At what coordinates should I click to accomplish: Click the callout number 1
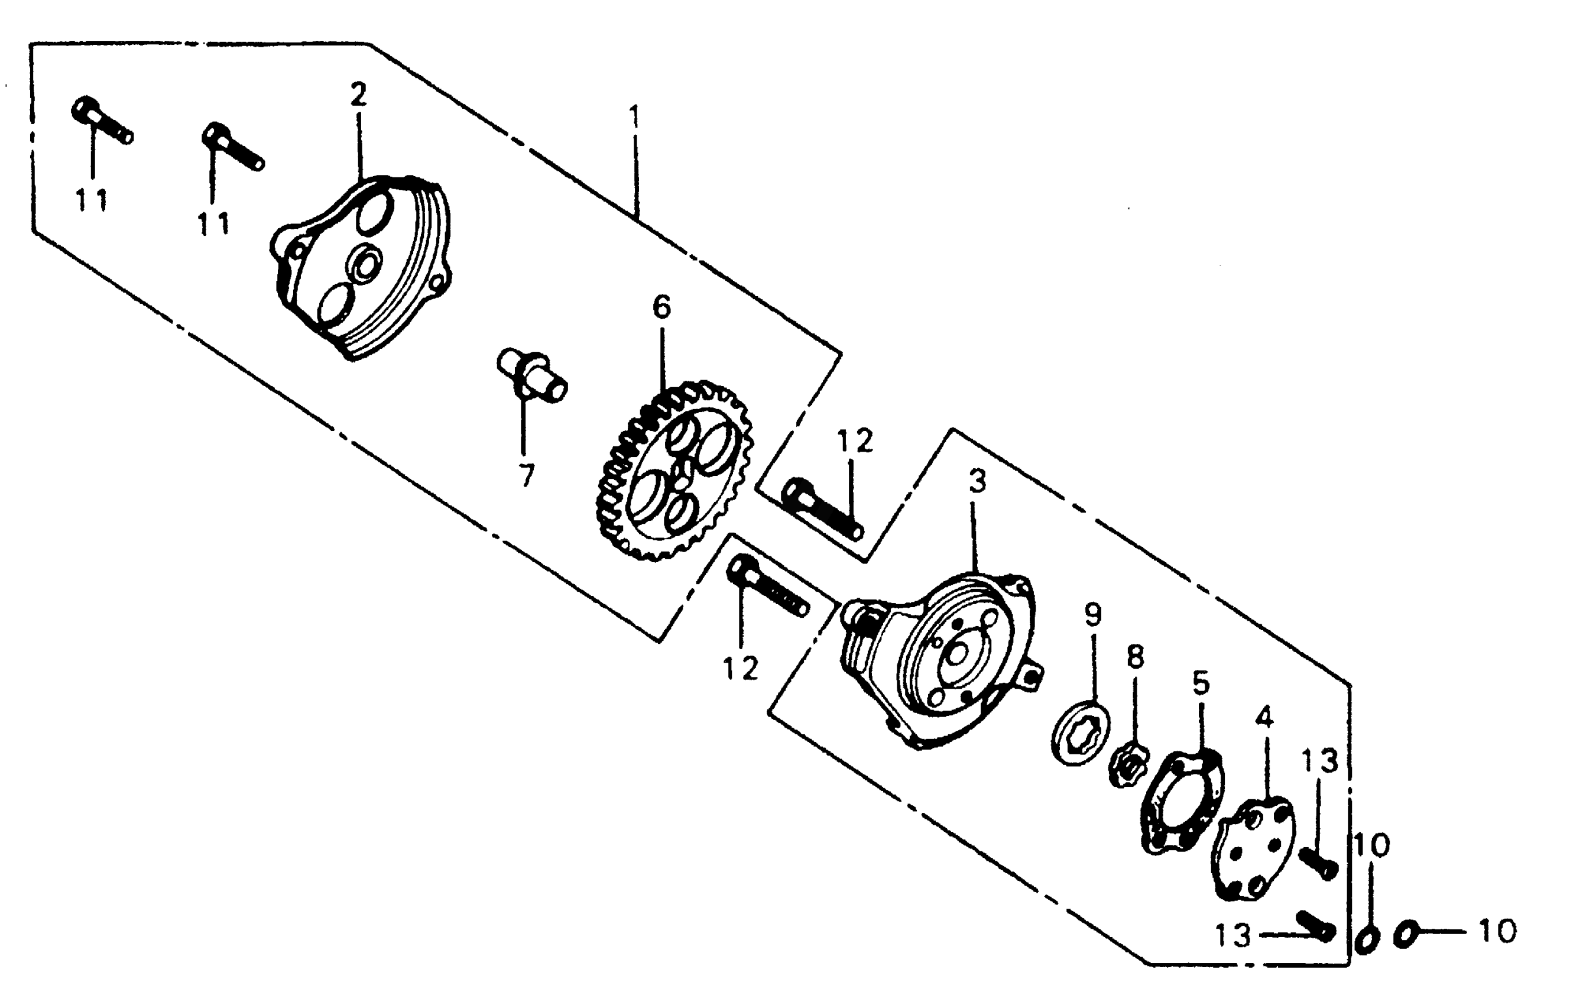tap(634, 117)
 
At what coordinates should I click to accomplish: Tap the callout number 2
tap(358, 96)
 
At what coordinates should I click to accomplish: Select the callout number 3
tap(977, 481)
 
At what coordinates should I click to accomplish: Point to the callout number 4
tap(1264, 717)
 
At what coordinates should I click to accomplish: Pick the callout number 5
tap(1201, 683)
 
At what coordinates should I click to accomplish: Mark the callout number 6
tap(661, 307)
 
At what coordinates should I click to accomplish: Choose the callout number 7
tap(526, 475)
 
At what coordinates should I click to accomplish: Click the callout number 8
tap(1136, 657)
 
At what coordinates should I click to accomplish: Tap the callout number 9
tap(1092, 615)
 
